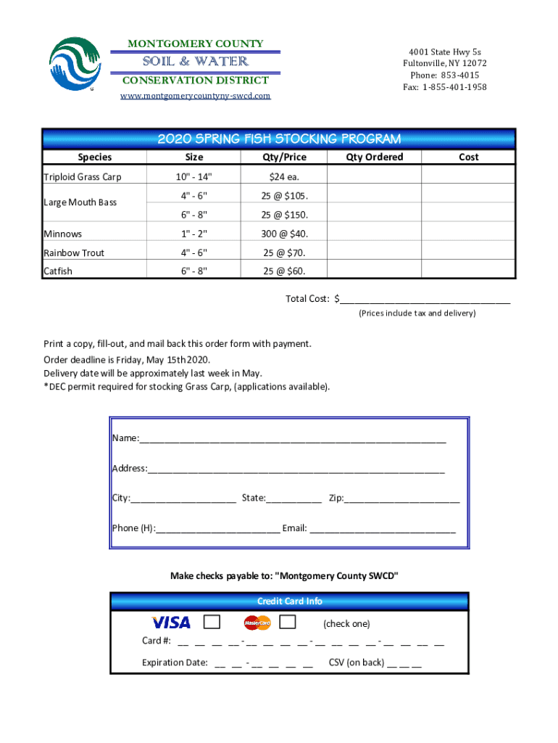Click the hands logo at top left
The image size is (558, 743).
coord(75,63)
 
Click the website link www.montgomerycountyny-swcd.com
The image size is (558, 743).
coord(195,96)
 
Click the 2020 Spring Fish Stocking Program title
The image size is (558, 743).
coord(279,139)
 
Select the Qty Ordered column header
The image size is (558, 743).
coord(374,157)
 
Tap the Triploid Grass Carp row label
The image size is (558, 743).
coord(83,177)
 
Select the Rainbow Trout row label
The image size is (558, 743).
coord(74,253)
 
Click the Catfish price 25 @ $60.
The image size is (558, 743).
coord(284,271)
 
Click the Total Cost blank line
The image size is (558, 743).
coord(425,300)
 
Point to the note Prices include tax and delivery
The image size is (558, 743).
coord(417,313)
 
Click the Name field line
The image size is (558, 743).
coord(293,440)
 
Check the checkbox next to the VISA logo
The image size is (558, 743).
coord(212,623)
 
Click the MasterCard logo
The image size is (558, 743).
coord(257,623)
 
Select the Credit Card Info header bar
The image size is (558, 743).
coord(290,601)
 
